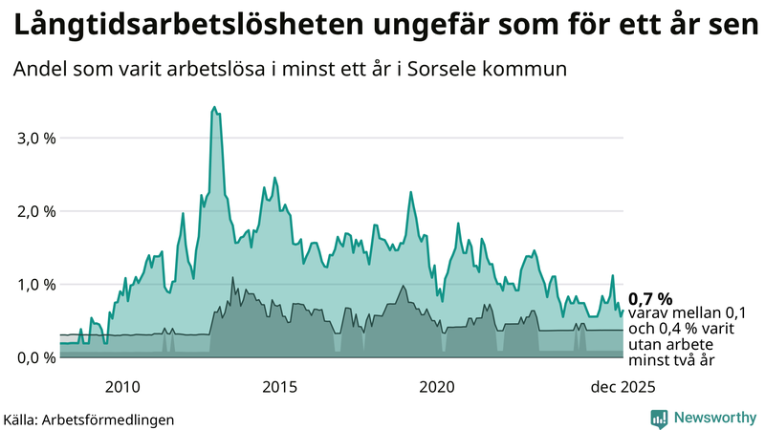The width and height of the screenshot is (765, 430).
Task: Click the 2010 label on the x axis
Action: tap(122, 387)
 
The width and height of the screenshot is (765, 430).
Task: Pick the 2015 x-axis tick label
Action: tap(280, 387)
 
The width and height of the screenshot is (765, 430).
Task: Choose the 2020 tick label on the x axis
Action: tap(437, 387)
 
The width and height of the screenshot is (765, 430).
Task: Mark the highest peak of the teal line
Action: tap(214, 107)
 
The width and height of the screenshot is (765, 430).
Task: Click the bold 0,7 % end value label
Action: tap(650, 298)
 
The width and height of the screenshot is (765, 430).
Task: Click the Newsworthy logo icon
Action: tap(659, 418)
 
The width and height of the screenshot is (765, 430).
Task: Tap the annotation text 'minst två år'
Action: tap(671, 360)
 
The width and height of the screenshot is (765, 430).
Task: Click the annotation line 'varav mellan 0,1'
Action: tap(687, 313)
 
